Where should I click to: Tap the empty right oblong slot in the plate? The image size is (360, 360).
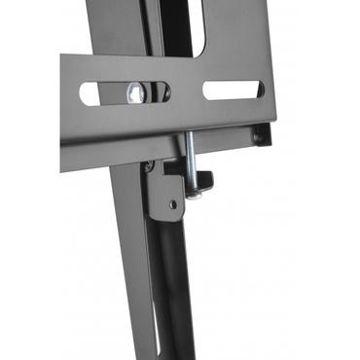[232, 91]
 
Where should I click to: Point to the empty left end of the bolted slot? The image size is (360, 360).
[90, 94]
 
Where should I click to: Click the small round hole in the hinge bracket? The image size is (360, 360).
[172, 204]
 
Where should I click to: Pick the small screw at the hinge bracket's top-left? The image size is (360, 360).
[149, 167]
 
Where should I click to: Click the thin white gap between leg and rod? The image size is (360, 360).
[162, 292]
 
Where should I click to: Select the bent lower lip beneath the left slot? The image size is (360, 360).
[107, 146]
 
